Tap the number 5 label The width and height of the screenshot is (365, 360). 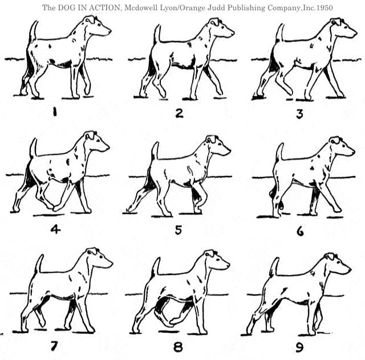click(179, 230)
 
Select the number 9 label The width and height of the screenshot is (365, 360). click(299, 348)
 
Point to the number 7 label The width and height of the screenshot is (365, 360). click(54, 346)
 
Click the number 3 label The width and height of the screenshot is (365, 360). click(299, 114)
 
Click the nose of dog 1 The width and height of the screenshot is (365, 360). click(109, 30)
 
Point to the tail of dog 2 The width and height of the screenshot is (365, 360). click(157, 34)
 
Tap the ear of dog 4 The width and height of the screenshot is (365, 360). click(90, 135)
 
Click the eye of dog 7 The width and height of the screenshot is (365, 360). click(102, 257)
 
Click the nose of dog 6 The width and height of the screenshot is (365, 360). click(353, 152)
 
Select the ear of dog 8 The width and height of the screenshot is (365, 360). click(210, 253)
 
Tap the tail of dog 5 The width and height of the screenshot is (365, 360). click(155, 151)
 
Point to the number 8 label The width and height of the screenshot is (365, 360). click(178, 347)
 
